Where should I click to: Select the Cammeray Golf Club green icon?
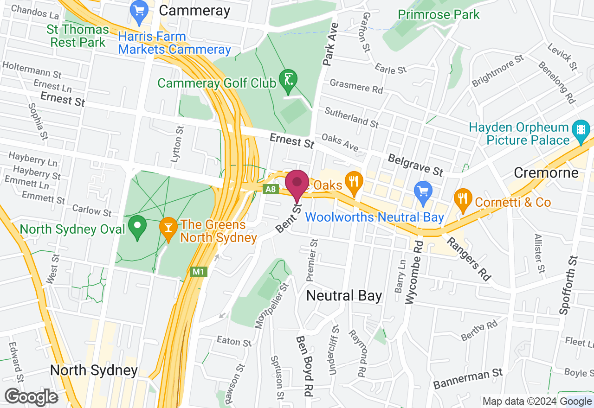(288, 79)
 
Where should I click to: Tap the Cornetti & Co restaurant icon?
(463, 199)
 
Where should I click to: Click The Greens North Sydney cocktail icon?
(168, 228)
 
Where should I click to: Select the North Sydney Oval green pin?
(137, 227)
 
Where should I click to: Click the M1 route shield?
(198, 272)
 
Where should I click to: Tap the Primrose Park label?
(439, 14)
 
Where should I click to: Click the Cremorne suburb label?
(546, 173)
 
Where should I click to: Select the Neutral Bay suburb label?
(344, 295)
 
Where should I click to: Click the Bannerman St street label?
(468, 379)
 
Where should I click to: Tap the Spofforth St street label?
(569, 285)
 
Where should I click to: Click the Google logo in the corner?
(32, 397)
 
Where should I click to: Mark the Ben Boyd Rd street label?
(305, 365)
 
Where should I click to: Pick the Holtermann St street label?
(32, 70)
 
